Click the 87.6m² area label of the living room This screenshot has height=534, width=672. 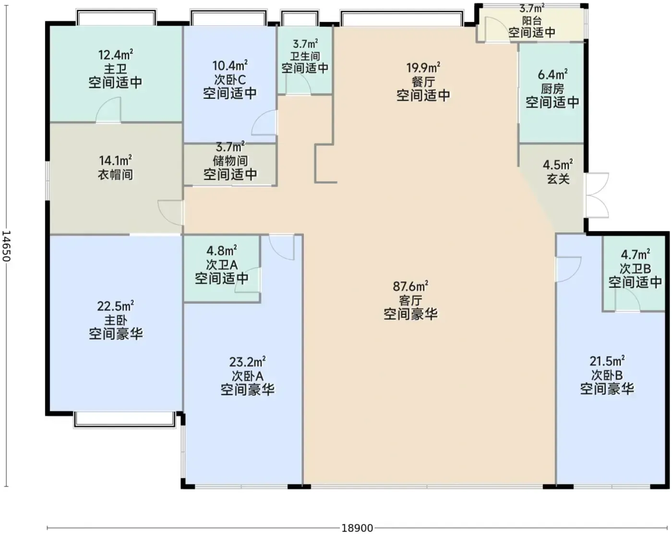pos(410,286)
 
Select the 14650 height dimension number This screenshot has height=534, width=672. pos(6,246)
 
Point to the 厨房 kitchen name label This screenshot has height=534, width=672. pos(552,89)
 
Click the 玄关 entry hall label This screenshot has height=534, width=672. pos(558,179)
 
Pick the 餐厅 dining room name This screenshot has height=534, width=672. pos(423,82)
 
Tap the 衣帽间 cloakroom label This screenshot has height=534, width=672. pos(115,174)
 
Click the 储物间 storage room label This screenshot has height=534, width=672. pos(230,161)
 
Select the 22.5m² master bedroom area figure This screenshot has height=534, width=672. pos(116,306)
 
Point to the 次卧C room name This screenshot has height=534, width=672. pos(230,80)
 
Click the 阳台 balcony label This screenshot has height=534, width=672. pos(532,21)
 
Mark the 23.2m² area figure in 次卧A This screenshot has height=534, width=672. pos(247,362)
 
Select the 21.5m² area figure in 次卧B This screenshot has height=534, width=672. pos(607,361)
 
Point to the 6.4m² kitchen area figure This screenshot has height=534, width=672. pos(552,75)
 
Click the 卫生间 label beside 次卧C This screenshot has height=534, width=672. pos(305,56)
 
